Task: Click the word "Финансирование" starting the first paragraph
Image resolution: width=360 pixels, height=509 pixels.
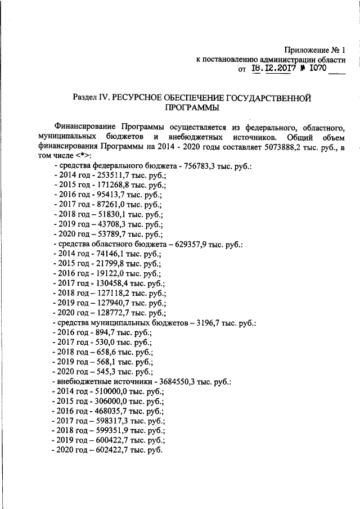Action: click(84, 127)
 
